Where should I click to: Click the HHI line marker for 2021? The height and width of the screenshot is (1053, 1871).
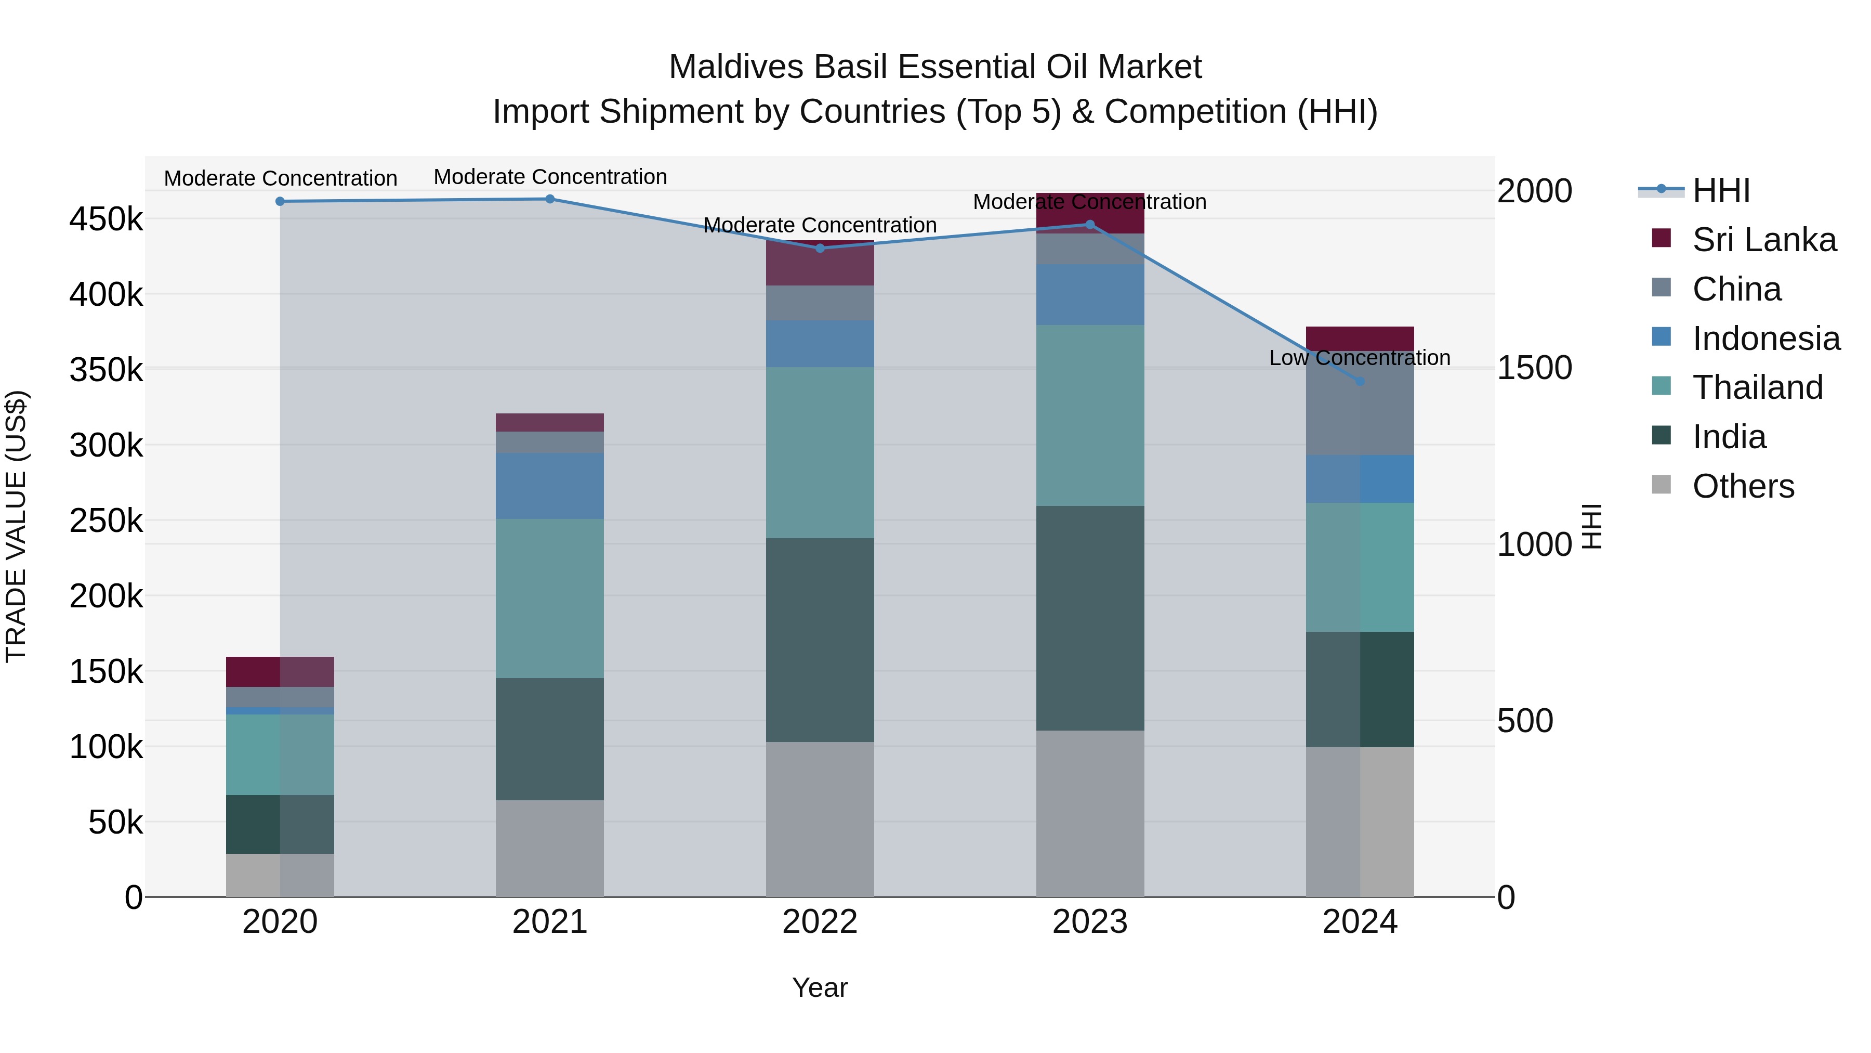click(x=550, y=199)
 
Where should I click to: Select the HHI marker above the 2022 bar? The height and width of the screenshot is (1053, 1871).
click(x=820, y=249)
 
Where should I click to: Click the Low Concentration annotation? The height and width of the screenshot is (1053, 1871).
click(x=1360, y=358)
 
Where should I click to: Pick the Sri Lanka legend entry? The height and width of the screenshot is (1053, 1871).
click(x=1763, y=240)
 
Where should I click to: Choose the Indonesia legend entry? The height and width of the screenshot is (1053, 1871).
click(x=1765, y=339)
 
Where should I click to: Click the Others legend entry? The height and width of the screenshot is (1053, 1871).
click(x=1743, y=486)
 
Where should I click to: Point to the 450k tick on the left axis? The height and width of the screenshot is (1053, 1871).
click(x=106, y=219)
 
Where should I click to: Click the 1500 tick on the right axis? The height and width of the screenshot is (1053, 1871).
click(x=1534, y=368)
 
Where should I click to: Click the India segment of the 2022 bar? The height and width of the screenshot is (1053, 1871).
click(x=820, y=640)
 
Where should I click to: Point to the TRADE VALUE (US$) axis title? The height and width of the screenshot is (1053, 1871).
click(x=16, y=526)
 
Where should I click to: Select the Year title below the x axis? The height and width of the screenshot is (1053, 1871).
click(x=820, y=987)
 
